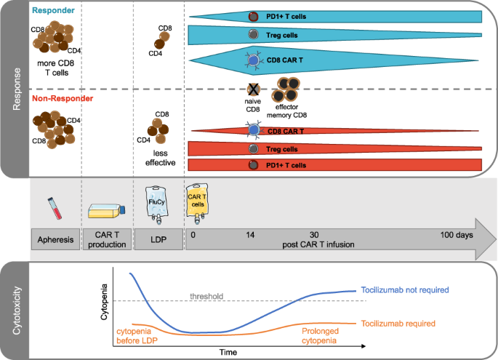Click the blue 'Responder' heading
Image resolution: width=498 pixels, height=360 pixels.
coord(55,11)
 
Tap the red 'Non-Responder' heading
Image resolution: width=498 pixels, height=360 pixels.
coord(63,100)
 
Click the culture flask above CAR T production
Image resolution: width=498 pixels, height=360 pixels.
coord(108,210)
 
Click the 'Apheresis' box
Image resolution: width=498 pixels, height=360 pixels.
coord(55,239)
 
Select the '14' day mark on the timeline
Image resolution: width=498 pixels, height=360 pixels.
coord(252,235)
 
